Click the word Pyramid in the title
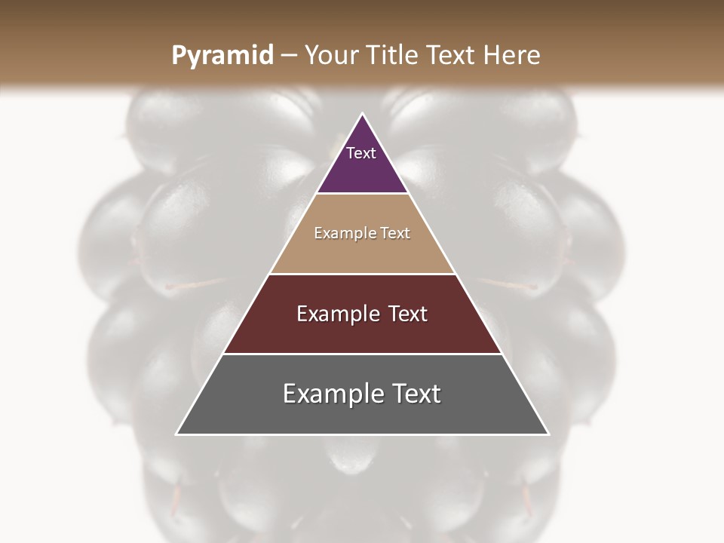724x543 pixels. pos(222,56)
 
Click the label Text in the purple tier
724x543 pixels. pos(361,153)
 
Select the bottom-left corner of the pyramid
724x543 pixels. pos(177,434)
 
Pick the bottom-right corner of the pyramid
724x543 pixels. pos(548,434)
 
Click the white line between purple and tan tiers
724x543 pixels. pos(362,194)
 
